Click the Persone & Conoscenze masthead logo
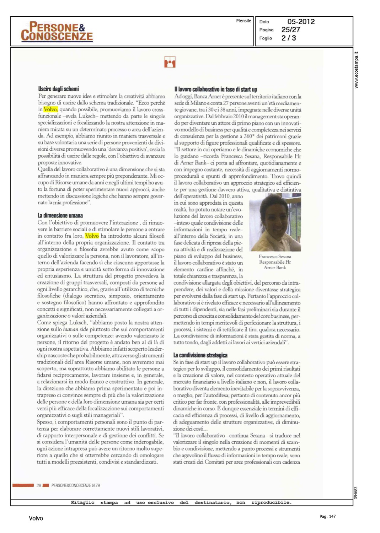57,31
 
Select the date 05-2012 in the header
301,22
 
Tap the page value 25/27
290,30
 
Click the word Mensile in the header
243,21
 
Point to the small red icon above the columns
170,62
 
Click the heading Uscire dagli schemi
59,89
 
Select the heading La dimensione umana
60,215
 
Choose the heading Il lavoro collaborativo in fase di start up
215,90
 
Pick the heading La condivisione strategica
200,355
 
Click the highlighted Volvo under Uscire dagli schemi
50,109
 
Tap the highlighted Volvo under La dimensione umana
92,236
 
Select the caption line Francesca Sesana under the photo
275,257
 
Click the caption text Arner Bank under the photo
275,268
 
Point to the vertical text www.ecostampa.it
357,70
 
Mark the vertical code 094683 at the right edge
356,492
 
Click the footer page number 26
38,485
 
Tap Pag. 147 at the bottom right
327,516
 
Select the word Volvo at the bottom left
36,518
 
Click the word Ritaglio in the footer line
82,502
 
